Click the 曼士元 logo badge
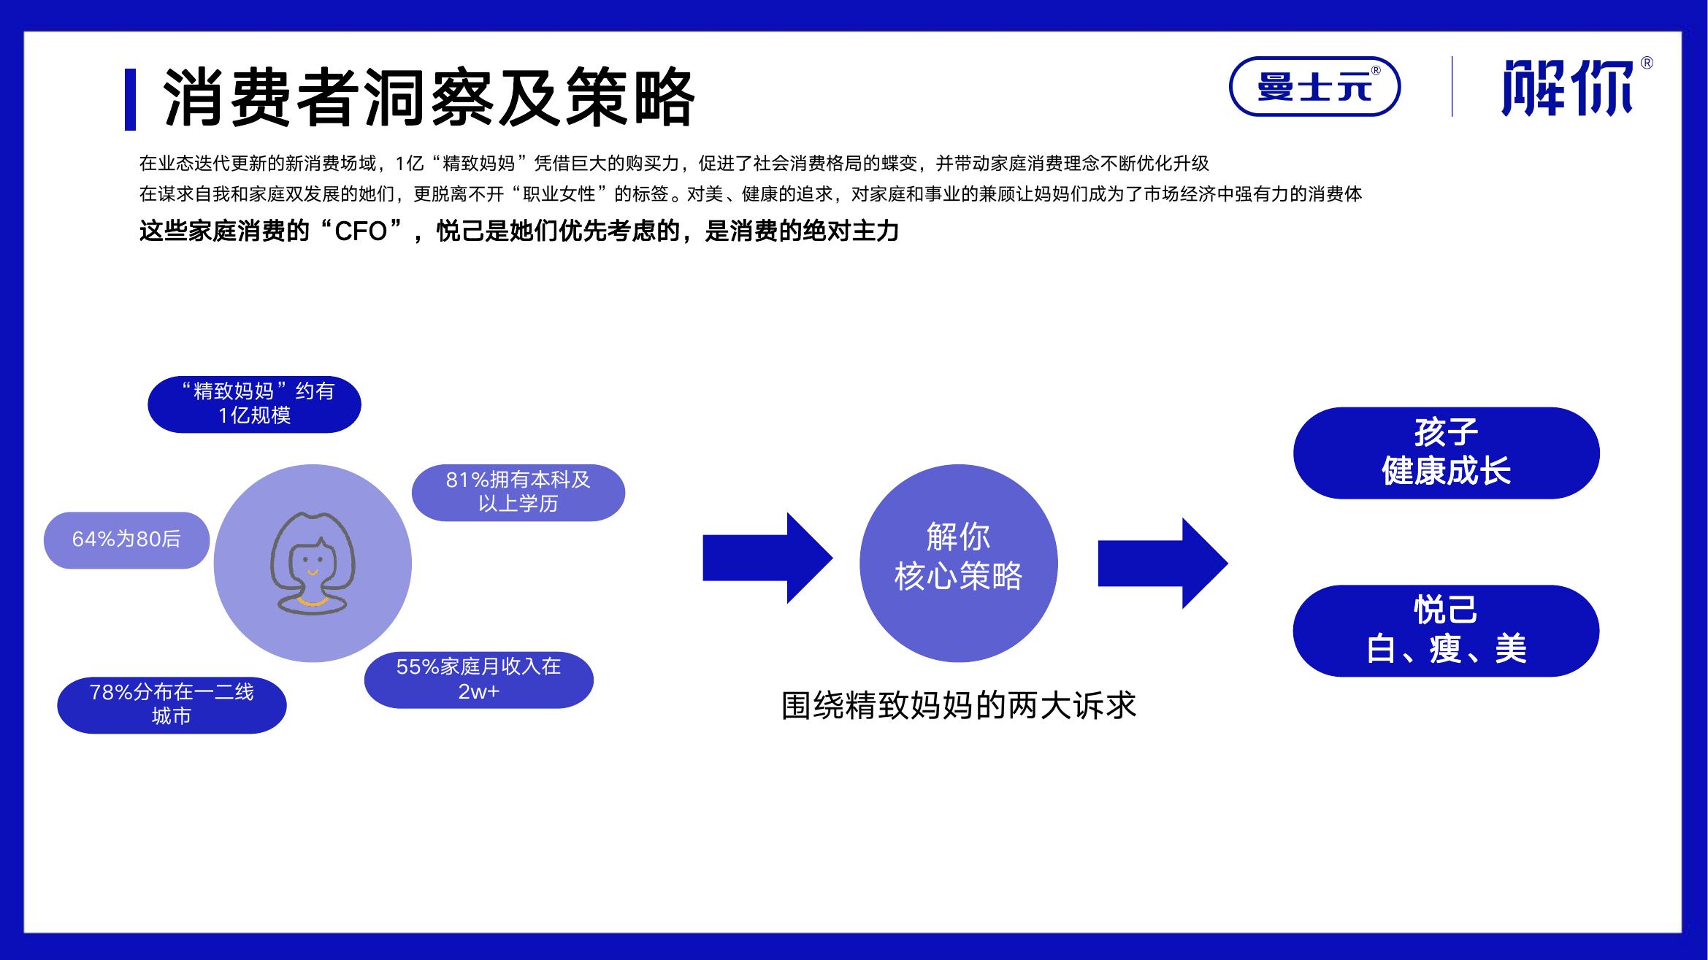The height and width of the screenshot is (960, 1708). tap(1314, 86)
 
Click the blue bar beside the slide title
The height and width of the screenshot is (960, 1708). tap(130, 99)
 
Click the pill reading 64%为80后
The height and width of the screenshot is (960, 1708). tap(126, 539)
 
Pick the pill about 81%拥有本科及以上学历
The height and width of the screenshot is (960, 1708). tap(518, 492)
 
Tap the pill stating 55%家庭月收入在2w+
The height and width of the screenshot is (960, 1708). tap(478, 680)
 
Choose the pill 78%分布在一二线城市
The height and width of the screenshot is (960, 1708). tap(172, 704)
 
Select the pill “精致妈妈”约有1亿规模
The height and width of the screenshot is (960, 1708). tap(254, 404)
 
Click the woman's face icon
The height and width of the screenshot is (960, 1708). tap(313, 563)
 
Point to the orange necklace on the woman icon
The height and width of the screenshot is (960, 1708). tap(313, 602)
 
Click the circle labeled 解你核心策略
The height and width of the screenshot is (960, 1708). tap(958, 563)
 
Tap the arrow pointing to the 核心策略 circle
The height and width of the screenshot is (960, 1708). tap(767, 558)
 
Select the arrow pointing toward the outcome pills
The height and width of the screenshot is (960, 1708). tap(1163, 563)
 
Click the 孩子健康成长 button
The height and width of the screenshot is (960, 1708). tap(1446, 453)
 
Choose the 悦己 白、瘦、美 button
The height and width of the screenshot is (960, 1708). tap(1446, 631)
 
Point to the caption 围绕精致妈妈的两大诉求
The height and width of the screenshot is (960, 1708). tap(959, 705)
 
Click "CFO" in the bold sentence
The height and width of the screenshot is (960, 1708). tap(361, 231)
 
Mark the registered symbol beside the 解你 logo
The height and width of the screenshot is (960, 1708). tap(1647, 64)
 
